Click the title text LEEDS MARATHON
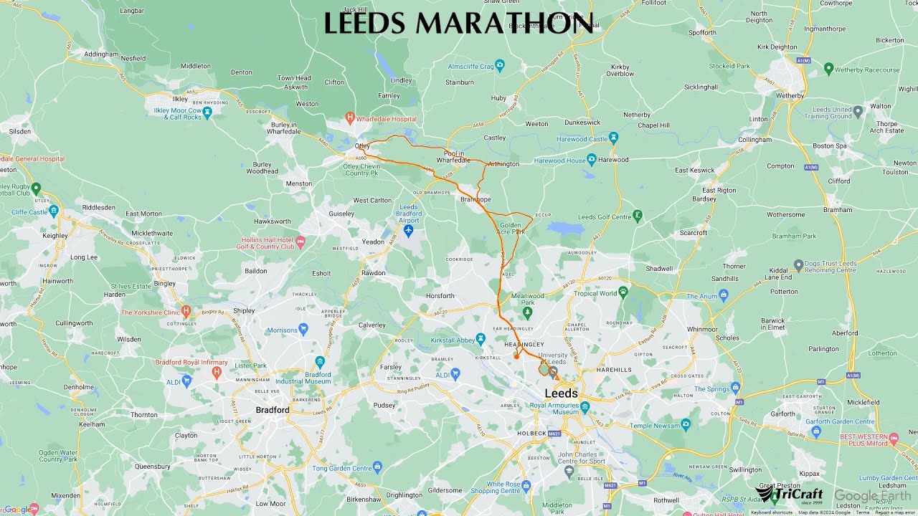(x=459, y=24)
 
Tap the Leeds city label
(x=561, y=393)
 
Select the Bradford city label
(x=273, y=411)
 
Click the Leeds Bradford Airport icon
(x=409, y=231)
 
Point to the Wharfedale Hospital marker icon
(x=350, y=117)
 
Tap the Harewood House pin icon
(x=591, y=158)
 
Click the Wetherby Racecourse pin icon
(x=828, y=69)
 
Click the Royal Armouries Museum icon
(x=585, y=407)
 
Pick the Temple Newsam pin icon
(x=686, y=425)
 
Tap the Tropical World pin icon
(x=623, y=292)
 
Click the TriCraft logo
(x=789, y=494)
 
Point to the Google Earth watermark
(x=871, y=496)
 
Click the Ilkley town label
(x=180, y=99)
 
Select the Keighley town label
(x=55, y=235)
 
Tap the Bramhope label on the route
(x=475, y=199)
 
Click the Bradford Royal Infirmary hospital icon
(x=217, y=371)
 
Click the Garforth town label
(x=782, y=414)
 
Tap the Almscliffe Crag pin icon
(x=500, y=66)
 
